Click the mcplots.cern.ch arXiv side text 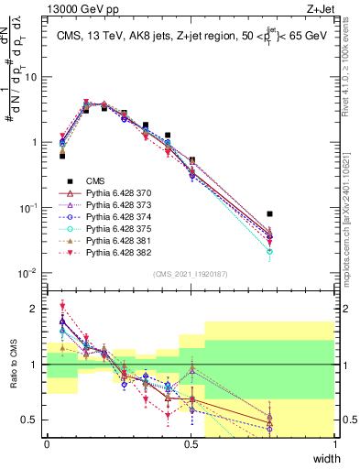(x=352, y=220)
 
